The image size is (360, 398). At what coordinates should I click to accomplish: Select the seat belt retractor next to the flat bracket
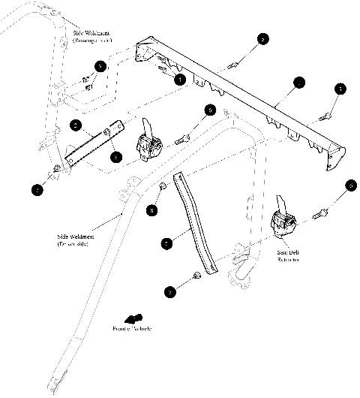(149, 140)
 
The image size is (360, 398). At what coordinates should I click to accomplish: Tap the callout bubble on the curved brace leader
(167, 243)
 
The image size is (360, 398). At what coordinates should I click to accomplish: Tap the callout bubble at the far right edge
(349, 185)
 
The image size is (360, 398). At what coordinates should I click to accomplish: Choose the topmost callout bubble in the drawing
(262, 38)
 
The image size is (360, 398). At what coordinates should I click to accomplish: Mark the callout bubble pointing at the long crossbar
(298, 83)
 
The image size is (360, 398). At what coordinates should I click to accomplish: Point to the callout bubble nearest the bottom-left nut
(39, 190)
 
